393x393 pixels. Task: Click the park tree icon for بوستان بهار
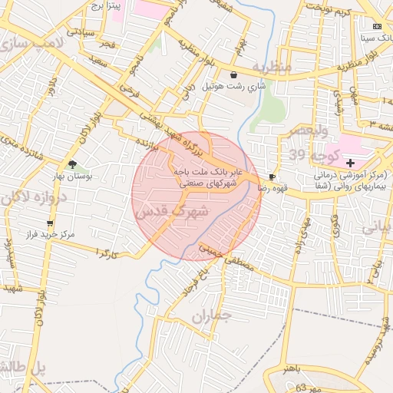coord(72,164)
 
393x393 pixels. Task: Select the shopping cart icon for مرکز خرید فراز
coord(50,223)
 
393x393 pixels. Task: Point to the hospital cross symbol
coord(351,163)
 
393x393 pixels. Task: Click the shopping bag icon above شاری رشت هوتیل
coord(233,74)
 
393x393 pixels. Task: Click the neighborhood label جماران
coord(212,315)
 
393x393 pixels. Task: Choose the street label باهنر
coord(294,369)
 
